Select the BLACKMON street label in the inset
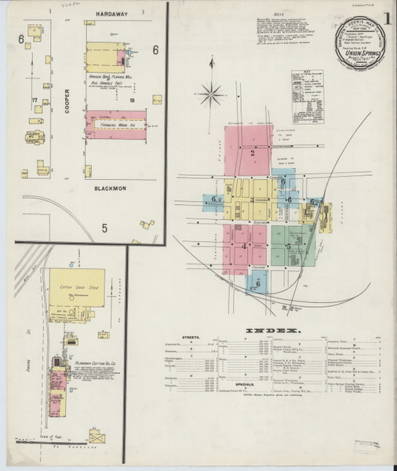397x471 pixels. (x=110, y=189)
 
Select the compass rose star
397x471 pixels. (x=209, y=96)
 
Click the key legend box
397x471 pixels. (x=307, y=84)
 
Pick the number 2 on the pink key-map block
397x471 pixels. (x=253, y=153)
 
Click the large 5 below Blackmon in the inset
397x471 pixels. (x=104, y=229)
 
